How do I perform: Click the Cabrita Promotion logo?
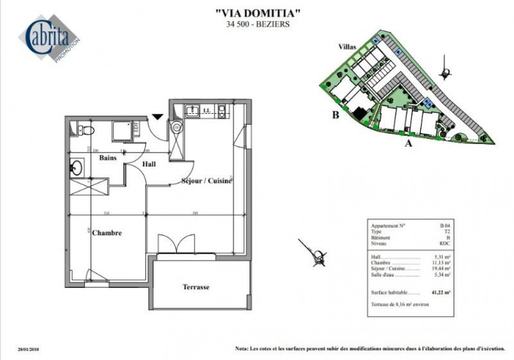click(x=53, y=39)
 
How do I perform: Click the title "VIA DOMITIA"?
click(x=258, y=12)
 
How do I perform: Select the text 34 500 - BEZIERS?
click(x=258, y=25)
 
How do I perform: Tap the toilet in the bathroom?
click(x=86, y=129)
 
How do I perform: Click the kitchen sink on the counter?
click(x=194, y=110)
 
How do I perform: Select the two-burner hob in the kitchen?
click(x=222, y=110)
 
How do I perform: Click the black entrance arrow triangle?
click(x=158, y=116)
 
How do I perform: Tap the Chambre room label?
click(x=107, y=233)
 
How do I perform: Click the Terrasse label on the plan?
click(x=196, y=287)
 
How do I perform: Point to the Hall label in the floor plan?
click(x=149, y=164)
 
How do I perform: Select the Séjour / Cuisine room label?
click(x=207, y=181)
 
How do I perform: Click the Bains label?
click(x=108, y=157)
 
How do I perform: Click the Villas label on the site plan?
click(x=347, y=46)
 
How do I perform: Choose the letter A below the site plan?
click(x=408, y=143)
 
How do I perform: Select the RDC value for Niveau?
click(x=446, y=243)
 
